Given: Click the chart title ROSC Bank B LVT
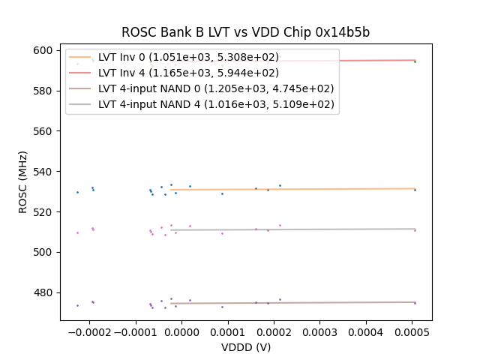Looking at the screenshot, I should point(245,33).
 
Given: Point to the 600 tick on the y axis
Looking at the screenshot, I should point(44,50).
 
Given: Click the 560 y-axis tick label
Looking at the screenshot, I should point(44,131).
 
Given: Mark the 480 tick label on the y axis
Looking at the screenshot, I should point(44,292).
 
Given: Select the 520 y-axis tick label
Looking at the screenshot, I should point(44,212).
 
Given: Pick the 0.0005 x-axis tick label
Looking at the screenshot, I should point(412,333).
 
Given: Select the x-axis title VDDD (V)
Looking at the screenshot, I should point(245,347).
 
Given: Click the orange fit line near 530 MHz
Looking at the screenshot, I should point(300,189).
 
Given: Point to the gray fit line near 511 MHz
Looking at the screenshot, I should point(300,229).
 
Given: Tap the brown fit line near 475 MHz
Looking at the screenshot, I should point(300,303).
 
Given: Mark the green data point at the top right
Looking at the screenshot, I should point(415,61).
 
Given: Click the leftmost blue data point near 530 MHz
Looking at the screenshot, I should point(77,192).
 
